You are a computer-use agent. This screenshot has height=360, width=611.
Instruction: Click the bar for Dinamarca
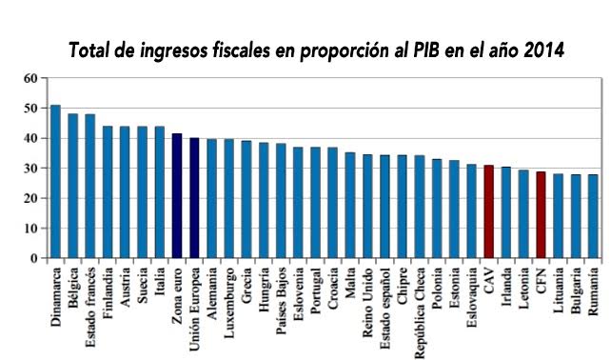[55, 182]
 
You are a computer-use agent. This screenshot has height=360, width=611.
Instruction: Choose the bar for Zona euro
[177, 196]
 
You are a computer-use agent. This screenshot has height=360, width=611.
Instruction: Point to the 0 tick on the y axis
[33, 258]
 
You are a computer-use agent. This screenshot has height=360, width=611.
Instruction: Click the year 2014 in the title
[539, 49]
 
